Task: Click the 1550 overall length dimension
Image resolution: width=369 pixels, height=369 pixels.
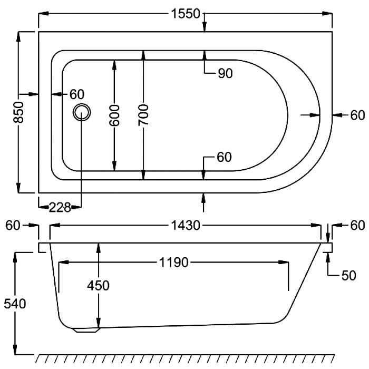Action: point(185,14)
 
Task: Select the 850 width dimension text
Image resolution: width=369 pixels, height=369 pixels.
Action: point(18,112)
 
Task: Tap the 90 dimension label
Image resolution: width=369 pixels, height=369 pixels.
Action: point(225,73)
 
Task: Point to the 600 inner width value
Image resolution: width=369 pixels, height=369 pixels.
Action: point(114,115)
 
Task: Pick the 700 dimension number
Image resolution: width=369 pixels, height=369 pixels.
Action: point(143,115)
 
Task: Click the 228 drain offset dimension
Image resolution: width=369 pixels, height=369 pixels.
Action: point(60,208)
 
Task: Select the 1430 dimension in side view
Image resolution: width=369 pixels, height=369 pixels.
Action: point(186,226)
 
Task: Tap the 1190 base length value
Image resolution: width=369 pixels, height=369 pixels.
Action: point(174,262)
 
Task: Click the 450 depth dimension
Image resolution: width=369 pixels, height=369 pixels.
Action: point(98,286)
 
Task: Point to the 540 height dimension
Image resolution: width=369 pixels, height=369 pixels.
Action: point(15,304)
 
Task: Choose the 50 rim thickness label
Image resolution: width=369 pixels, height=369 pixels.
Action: point(349,276)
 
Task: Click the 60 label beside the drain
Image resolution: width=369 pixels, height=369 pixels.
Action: point(77,94)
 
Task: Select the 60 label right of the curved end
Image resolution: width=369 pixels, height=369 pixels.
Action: point(357,115)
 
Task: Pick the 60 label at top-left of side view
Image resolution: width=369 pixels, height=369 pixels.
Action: point(13,226)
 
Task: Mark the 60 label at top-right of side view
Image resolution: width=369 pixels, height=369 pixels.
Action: point(357,226)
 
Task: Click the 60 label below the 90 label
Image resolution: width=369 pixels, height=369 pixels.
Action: point(224,157)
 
